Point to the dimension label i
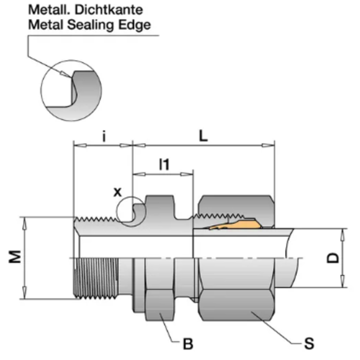104,137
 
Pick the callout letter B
188,342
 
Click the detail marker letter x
118,192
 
